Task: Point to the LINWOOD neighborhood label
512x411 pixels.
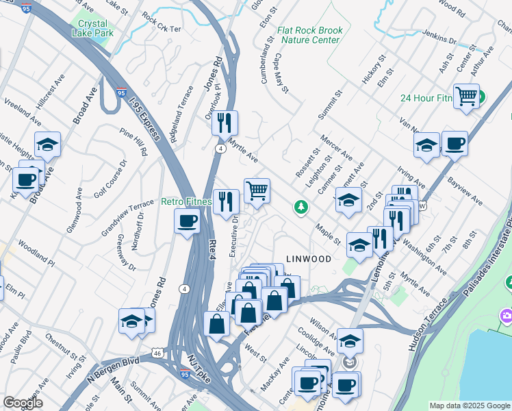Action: pyautogui.click(x=308, y=259)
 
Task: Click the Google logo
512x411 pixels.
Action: pyautogui.click(x=23, y=403)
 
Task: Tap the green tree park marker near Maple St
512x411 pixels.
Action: pyautogui.click(x=300, y=206)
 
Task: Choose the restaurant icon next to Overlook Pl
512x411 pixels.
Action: pyautogui.click(x=224, y=123)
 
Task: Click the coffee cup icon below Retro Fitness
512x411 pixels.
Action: pyautogui.click(x=187, y=221)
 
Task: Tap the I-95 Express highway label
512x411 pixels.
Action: pyautogui.click(x=145, y=118)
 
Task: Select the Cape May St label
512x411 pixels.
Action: pyautogui.click(x=282, y=73)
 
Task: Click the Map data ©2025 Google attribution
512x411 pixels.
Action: pyautogui.click(x=469, y=405)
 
